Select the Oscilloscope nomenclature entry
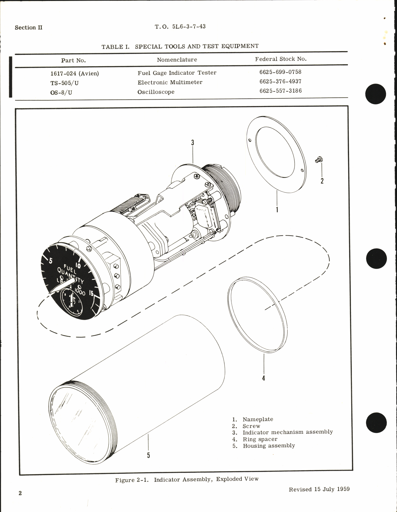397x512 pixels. (156, 92)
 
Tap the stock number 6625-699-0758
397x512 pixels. (280, 72)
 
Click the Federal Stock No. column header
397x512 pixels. (281, 59)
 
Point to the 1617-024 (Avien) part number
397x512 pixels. (74, 74)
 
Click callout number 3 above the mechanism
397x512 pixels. (192, 143)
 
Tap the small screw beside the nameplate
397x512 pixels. (319, 160)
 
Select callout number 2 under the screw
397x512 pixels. (322, 181)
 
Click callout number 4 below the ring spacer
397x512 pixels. (264, 378)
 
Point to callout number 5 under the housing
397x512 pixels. (149, 455)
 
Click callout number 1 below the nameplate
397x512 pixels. (277, 209)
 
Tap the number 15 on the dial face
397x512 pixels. (91, 293)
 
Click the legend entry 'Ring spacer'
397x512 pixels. (260, 439)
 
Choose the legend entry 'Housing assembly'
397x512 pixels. (269, 446)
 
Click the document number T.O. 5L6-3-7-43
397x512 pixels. (180, 26)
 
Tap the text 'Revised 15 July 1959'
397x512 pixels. (319, 489)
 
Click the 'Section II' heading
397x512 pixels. (28, 27)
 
